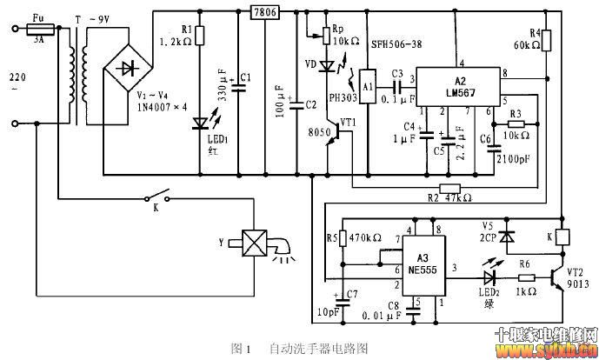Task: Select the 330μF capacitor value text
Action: pos(223,83)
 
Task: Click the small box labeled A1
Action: pos(368,86)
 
